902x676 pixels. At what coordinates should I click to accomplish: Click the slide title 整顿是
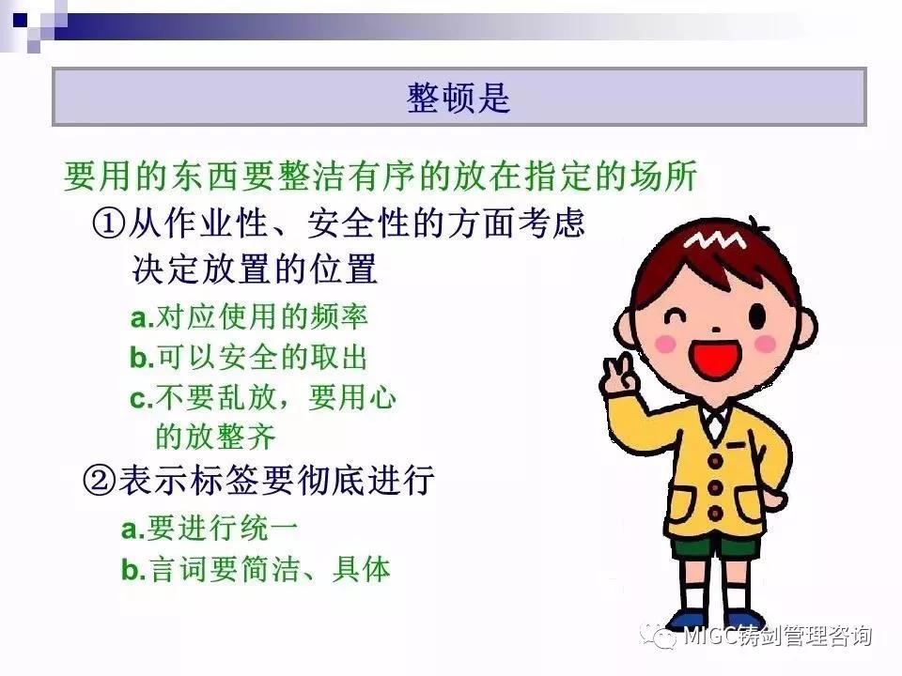click(x=459, y=97)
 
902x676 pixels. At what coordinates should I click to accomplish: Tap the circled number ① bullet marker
click(x=108, y=223)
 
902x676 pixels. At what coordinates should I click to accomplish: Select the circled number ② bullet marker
click(x=100, y=481)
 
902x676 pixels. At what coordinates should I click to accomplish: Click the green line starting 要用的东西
click(x=381, y=176)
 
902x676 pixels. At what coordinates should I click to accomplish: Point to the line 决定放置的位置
click(x=255, y=269)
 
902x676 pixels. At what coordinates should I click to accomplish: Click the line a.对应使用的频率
click(x=249, y=316)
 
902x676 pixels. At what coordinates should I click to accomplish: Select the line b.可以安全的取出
click(x=248, y=357)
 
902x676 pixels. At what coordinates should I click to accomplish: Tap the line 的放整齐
click(x=216, y=437)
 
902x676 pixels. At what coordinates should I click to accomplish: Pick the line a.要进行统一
click(x=210, y=527)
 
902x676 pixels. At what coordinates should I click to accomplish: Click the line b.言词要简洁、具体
click(x=256, y=569)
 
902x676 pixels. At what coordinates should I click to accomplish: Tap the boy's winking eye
click(x=674, y=315)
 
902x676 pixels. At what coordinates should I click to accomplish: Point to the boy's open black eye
click(x=757, y=315)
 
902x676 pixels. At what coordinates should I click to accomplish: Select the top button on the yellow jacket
click(x=715, y=460)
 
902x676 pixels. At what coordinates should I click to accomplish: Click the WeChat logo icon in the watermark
click(x=660, y=636)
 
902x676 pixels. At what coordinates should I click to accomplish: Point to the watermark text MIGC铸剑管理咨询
click(x=777, y=636)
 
